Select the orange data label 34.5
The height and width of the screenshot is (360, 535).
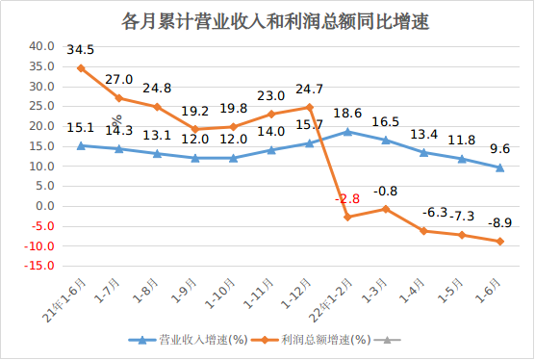click(81, 49)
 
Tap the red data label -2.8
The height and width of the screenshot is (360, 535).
click(347, 198)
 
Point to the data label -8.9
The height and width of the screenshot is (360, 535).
click(498, 223)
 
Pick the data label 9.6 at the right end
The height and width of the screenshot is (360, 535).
click(500, 149)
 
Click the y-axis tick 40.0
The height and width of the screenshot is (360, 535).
click(40, 45)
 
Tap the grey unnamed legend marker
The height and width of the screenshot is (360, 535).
click(390, 340)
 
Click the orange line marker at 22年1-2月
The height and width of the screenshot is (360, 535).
click(347, 218)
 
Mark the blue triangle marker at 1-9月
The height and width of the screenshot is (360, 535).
click(195, 158)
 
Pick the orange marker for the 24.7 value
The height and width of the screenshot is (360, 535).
click(310, 107)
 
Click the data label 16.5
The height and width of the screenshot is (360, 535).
click(386, 122)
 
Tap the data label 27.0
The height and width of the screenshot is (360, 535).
click(119, 80)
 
